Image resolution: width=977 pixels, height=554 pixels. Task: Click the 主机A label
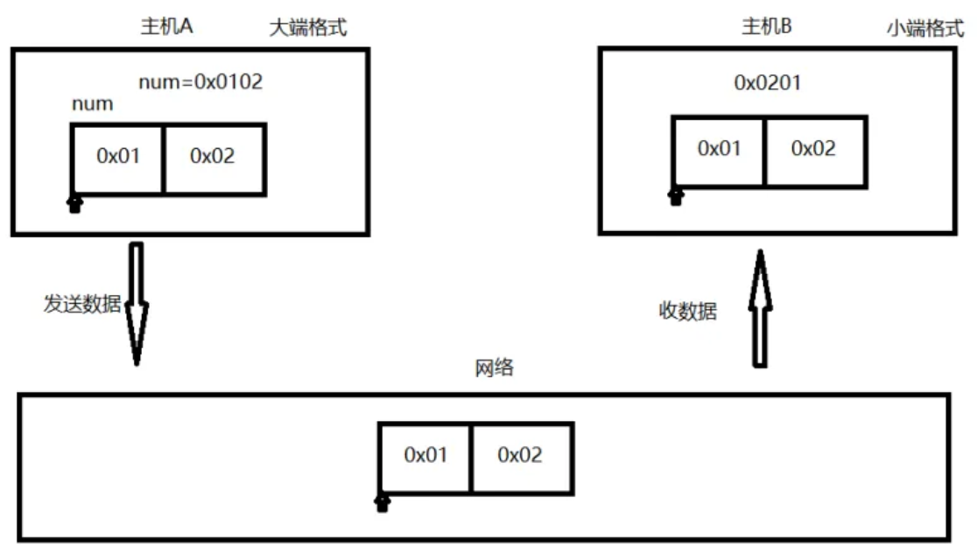tap(166, 27)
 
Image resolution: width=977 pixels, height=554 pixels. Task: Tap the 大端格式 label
tap(307, 28)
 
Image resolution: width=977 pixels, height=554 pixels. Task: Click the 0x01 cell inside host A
tap(118, 157)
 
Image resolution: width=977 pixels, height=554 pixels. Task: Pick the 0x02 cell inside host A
tap(213, 157)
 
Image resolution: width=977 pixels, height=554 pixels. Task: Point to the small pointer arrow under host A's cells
tap(75, 204)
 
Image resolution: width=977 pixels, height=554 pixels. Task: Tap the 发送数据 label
tap(82, 304)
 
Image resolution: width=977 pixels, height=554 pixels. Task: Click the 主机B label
tap(766, 27)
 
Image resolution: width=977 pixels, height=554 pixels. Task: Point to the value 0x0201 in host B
tap(767, 83)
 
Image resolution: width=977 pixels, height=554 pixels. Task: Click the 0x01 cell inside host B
tap(719, 149)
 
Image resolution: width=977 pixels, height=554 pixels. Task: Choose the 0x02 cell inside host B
tap(813, 149)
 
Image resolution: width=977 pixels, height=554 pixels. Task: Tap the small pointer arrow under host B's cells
tap(675, 195)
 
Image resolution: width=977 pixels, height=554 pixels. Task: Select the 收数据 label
tap(687, 311)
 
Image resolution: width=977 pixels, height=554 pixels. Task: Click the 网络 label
tap(495, 368)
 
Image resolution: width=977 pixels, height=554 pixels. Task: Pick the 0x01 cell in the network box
tap(425, 455)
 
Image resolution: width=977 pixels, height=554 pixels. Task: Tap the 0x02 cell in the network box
tap(520, 455)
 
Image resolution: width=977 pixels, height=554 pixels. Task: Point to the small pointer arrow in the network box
tap(381, 501)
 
